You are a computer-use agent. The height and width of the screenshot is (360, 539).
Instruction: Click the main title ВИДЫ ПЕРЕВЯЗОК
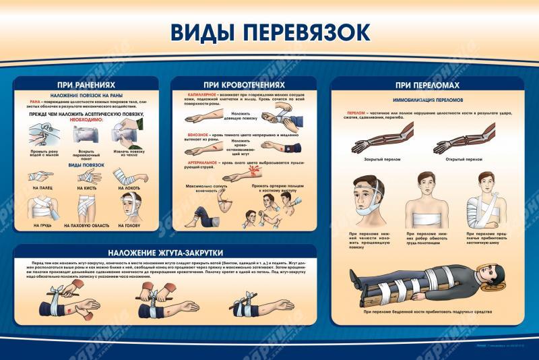[269, 32]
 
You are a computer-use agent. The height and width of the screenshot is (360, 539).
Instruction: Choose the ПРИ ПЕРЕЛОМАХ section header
[418, 85]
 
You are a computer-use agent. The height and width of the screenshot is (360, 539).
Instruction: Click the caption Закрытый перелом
[379, 159]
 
